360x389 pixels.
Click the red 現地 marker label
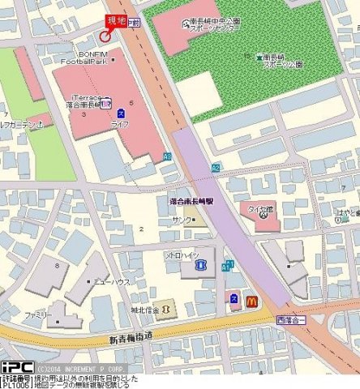(116, 22)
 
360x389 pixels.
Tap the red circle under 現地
(105, 36)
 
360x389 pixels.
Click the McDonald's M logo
(251, 301)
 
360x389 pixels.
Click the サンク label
(182, 220)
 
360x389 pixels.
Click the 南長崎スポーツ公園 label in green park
(280, 61)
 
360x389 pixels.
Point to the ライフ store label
(120, 124)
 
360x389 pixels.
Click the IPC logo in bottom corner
(16, 367)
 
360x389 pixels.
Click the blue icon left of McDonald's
(234, 300)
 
